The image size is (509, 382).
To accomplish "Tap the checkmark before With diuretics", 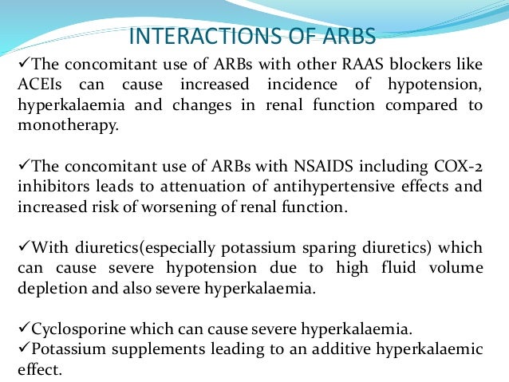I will (x=22, y=249).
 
